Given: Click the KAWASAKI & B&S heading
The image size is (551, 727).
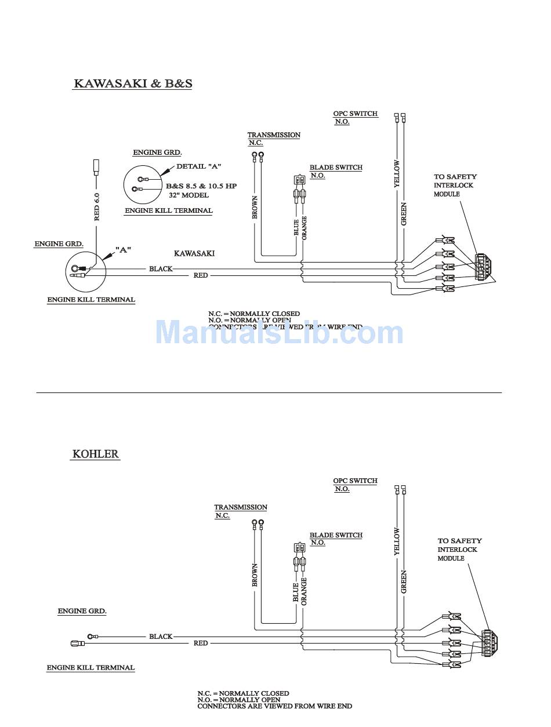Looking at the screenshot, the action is pyautogui.click(x=133, y=83).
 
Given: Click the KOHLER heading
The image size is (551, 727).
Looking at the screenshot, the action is pyautogui.click(x=96, y=453).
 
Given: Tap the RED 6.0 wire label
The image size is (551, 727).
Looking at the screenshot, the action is pyautogui.click(x=97, y=206).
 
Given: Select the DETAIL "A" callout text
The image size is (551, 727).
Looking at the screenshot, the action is pyautogui.click(x=199, y=166).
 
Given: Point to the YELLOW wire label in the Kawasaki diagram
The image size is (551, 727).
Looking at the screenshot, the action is pyautogui.click(x=397, y=174).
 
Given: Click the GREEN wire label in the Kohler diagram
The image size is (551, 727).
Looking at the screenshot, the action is pyautogui.click(x=404, y=581).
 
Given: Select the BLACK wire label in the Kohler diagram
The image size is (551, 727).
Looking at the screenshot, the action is pyautogui.click(x=161, y=637).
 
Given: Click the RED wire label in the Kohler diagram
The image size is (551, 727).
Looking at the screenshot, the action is pyautogui.click(x=201, y=643).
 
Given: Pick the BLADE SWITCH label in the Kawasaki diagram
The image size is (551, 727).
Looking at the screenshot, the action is pyautogui.click(x=336, y=168).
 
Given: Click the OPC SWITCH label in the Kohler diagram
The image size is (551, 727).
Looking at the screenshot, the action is pyautogui.click(x=355, y=481).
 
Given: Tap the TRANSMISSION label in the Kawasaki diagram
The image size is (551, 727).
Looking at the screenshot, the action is pyautogui.click(x=274, y=135).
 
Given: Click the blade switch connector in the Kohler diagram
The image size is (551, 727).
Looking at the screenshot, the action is pyautogui.click(x=300, y=548).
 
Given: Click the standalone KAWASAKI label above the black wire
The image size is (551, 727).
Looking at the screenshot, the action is pyautogui.click(x=194, y=253).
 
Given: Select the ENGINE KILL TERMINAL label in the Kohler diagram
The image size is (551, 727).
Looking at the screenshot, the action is pyautogui.click(x=90, y=668).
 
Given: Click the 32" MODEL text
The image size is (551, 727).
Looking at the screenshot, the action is pyautogui.click(x=188, y=195).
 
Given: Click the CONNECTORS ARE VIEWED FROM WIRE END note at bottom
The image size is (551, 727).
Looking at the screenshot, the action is pyautogui.click(x=274, y=706).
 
